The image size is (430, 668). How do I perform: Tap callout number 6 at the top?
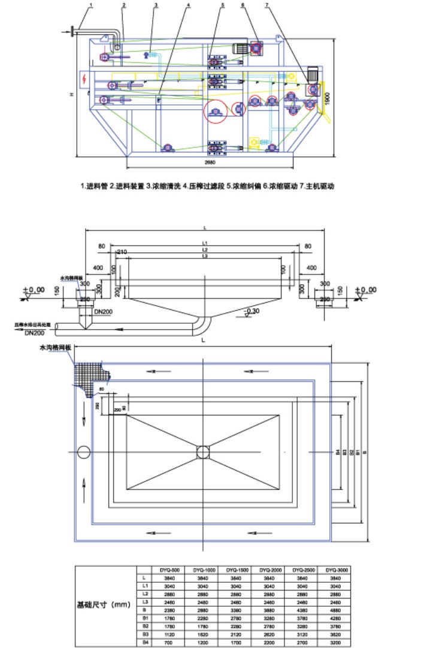pyautogui.click(x=243, y=5)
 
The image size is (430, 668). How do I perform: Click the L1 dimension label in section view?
pyautogui.click(x=204, y=242)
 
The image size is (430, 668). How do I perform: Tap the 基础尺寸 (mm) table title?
pyautogui.click(x=104, y=606)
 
